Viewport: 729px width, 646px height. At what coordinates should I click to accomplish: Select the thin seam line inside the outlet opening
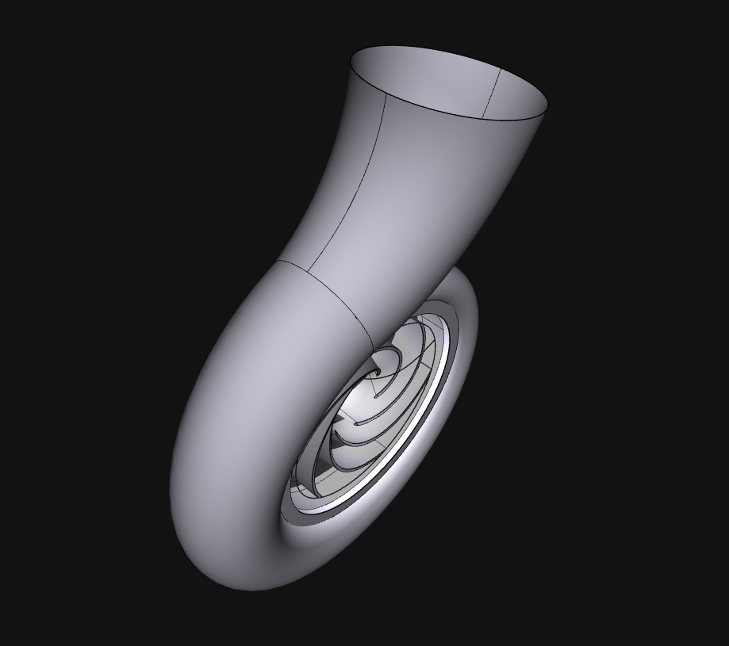coord(493,92)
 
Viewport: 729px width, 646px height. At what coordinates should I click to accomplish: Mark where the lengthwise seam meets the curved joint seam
coord(307,273)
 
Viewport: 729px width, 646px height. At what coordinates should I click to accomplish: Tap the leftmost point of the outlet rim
coord(350,59)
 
